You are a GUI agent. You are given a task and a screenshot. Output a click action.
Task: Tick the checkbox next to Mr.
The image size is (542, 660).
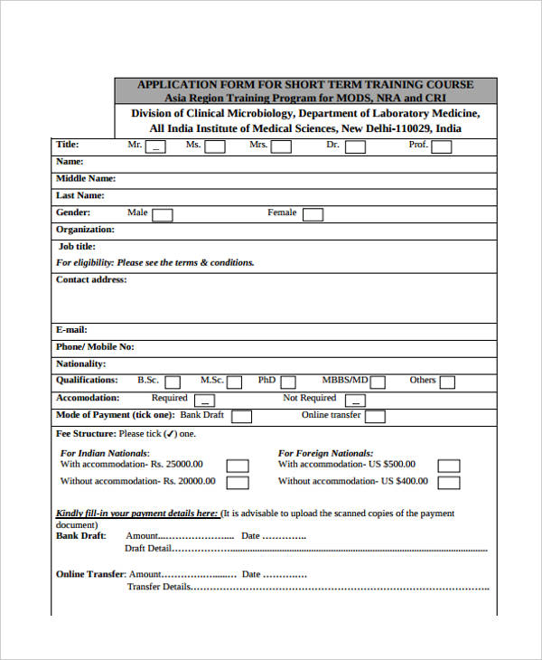point(157,146)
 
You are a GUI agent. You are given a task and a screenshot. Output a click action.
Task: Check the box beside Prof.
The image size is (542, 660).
point(441,146)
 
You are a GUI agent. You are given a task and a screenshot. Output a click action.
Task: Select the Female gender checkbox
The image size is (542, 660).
point(313,214)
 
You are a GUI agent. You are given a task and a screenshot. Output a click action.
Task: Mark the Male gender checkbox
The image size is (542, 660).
point(163,214)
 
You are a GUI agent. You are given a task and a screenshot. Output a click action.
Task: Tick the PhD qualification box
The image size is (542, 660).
point(287,382)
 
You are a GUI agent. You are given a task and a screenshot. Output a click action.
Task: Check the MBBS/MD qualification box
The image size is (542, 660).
point(379,382)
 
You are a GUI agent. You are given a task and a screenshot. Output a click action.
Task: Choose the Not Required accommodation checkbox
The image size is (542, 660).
point(356,400)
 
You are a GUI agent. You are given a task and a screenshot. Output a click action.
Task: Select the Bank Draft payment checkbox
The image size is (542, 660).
point(240,417)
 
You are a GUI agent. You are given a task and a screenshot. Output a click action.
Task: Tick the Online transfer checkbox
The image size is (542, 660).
point(375,417)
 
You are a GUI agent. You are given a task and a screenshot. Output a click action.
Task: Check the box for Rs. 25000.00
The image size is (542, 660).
point(238,466)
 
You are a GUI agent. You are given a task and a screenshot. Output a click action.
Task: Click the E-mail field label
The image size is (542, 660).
point(71,330)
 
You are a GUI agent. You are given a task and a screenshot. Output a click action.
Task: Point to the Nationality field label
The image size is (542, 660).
point(81,363)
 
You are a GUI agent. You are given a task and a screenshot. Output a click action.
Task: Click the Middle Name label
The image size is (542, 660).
point(86,179)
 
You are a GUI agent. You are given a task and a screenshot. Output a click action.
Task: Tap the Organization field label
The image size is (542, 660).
point(85,230)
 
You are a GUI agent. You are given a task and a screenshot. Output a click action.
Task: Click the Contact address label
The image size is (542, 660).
point(91,279)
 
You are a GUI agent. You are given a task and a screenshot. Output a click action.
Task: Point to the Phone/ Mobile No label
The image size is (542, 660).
point(95,346)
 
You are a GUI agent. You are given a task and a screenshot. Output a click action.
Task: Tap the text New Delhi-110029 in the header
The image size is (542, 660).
point(388,128)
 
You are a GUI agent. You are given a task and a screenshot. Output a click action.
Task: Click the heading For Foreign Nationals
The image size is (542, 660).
point(325,453)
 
